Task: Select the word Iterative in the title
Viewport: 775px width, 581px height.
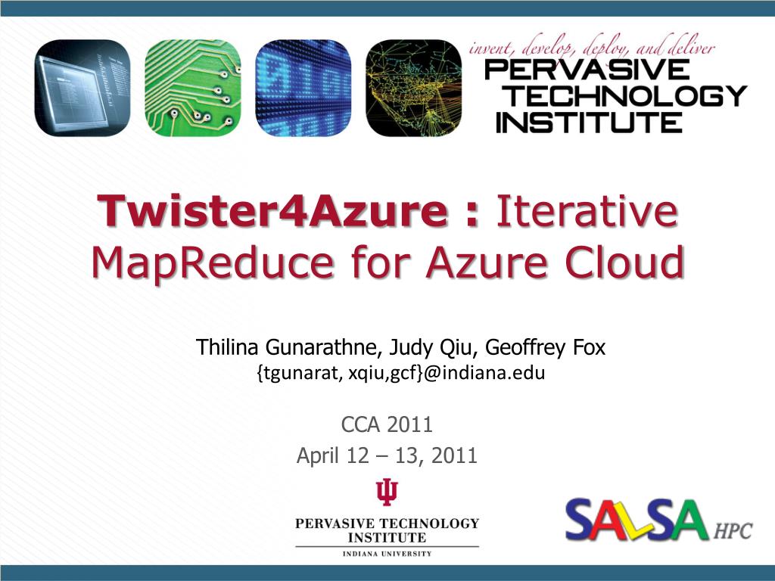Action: pyautogui.click(x=585, y=212)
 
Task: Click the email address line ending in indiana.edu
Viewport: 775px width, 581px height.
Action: pyautogui.click(x=402, y=373)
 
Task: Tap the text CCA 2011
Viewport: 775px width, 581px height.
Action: pyautogui.click(x=387, y=424)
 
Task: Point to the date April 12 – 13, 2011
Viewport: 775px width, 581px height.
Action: pyautogui.click(x=387, y=455)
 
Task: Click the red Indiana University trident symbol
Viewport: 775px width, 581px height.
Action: pyautogui.click(x=387, y=492)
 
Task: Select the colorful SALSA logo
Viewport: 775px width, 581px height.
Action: pyautogui.click(x=636, y=520)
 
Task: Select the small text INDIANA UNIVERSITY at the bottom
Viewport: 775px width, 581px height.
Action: pyautogui.click(x=387, y=554)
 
